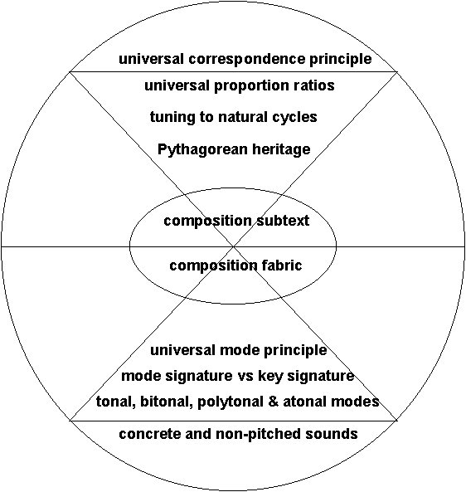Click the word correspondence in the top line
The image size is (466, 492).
[246, 59]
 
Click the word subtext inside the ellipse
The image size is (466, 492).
[283, 221]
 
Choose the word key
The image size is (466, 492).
[270, 377]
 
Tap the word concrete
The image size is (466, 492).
[149, 434]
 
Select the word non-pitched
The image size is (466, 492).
[259, 435]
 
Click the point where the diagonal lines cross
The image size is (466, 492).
[233, 246]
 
